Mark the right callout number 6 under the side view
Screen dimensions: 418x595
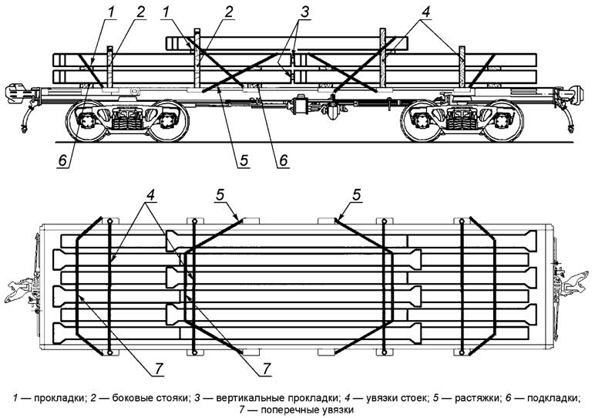pyautogui.click(x=283, y=161)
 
